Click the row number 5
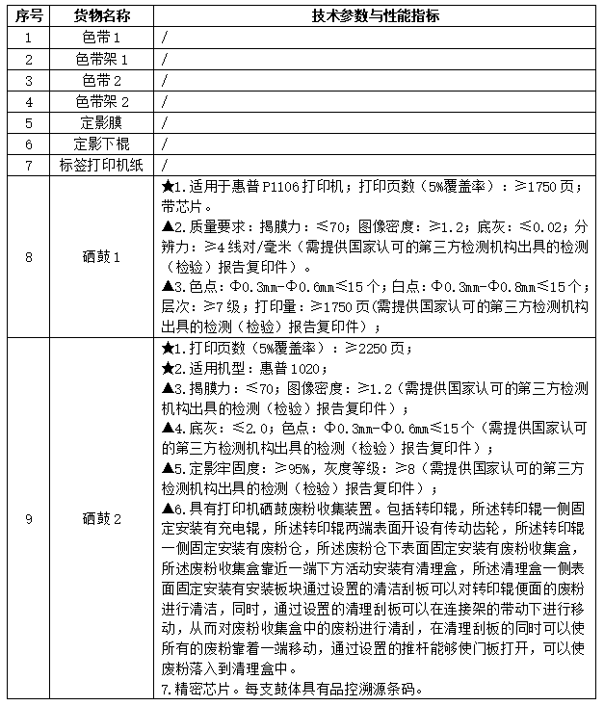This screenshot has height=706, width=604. tap(28, 122)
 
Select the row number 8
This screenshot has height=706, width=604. tap(28, 257)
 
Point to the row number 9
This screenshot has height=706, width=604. tap(28, 519)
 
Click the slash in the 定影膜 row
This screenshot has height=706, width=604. tap(166, 122)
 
